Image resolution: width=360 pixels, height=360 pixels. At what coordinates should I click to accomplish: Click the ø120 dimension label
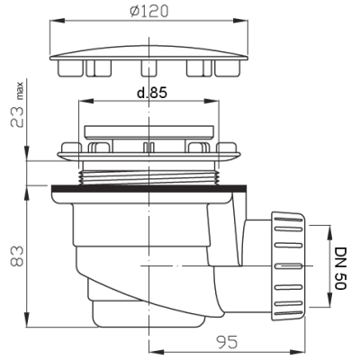149,12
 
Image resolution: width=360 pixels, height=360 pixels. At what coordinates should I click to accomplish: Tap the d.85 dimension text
152,93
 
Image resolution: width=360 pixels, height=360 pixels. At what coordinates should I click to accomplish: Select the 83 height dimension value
17,256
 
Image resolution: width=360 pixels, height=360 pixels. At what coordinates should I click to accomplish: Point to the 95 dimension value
228,342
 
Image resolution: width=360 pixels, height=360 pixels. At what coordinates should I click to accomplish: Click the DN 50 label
340,268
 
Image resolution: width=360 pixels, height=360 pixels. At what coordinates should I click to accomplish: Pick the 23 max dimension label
17,104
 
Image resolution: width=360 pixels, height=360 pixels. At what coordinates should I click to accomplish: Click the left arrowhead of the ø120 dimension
57,21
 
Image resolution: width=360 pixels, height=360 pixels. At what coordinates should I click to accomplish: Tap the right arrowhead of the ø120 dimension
241,21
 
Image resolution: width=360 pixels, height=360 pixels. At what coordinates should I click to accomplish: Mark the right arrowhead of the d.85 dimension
211,102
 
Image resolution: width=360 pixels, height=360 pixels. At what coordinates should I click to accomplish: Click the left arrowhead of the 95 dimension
157,352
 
